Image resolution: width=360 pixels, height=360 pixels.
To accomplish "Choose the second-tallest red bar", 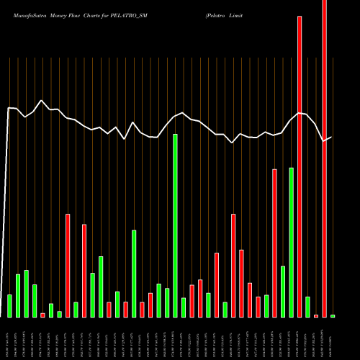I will pyautogui.click(x=300, y=166).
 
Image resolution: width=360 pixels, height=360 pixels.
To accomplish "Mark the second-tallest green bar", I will pyautogui.click(x=291, y=242).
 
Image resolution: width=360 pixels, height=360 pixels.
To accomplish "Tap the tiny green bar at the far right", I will pyautogui.click(x=333, y=316).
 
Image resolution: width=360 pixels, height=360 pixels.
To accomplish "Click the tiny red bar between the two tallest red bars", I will pyautogui.click(x=315, y=316).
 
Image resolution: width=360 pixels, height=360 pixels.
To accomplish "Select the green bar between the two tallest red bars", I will pyautogui.click(x=307, y=307).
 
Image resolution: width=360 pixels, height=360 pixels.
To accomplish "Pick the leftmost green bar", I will pyautogui.click(x=9, y=306).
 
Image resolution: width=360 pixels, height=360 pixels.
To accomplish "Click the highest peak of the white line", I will pyautogui.click(x=42, y=101).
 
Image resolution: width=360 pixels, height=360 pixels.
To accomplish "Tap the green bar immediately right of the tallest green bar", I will pyautogui.click(x=184, y=307).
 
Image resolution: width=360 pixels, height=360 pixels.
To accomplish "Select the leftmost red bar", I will pyautogui.click(x=42, y=315).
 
